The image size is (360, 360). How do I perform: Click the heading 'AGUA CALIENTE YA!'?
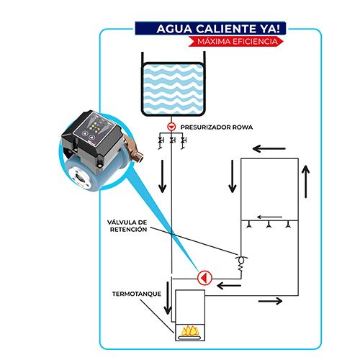coord(218,29)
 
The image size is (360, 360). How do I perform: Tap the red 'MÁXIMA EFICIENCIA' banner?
coord(236,41)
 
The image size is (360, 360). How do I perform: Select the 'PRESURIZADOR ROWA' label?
coord(217,127)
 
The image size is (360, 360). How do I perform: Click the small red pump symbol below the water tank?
coord(171,127)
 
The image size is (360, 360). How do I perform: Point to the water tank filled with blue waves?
coord(174,89)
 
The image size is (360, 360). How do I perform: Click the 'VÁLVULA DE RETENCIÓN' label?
coord(127,226)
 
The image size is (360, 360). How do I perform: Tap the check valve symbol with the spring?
coord(241,264)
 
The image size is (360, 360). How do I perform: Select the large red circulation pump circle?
coord(204,278)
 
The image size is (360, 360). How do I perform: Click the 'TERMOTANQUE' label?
coord(137,294)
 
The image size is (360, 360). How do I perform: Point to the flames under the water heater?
coord(190,330)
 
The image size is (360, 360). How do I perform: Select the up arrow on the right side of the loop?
coord(305,181)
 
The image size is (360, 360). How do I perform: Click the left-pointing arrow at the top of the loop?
coord(269,148)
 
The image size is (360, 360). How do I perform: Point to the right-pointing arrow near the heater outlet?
coord(270,301)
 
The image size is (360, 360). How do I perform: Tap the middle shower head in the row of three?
coord(269,225)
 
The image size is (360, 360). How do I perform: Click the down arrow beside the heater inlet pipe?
coord(168,298)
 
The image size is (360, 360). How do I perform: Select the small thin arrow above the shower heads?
coord(269,217)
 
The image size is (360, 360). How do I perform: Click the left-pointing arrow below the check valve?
coord(229,286)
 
